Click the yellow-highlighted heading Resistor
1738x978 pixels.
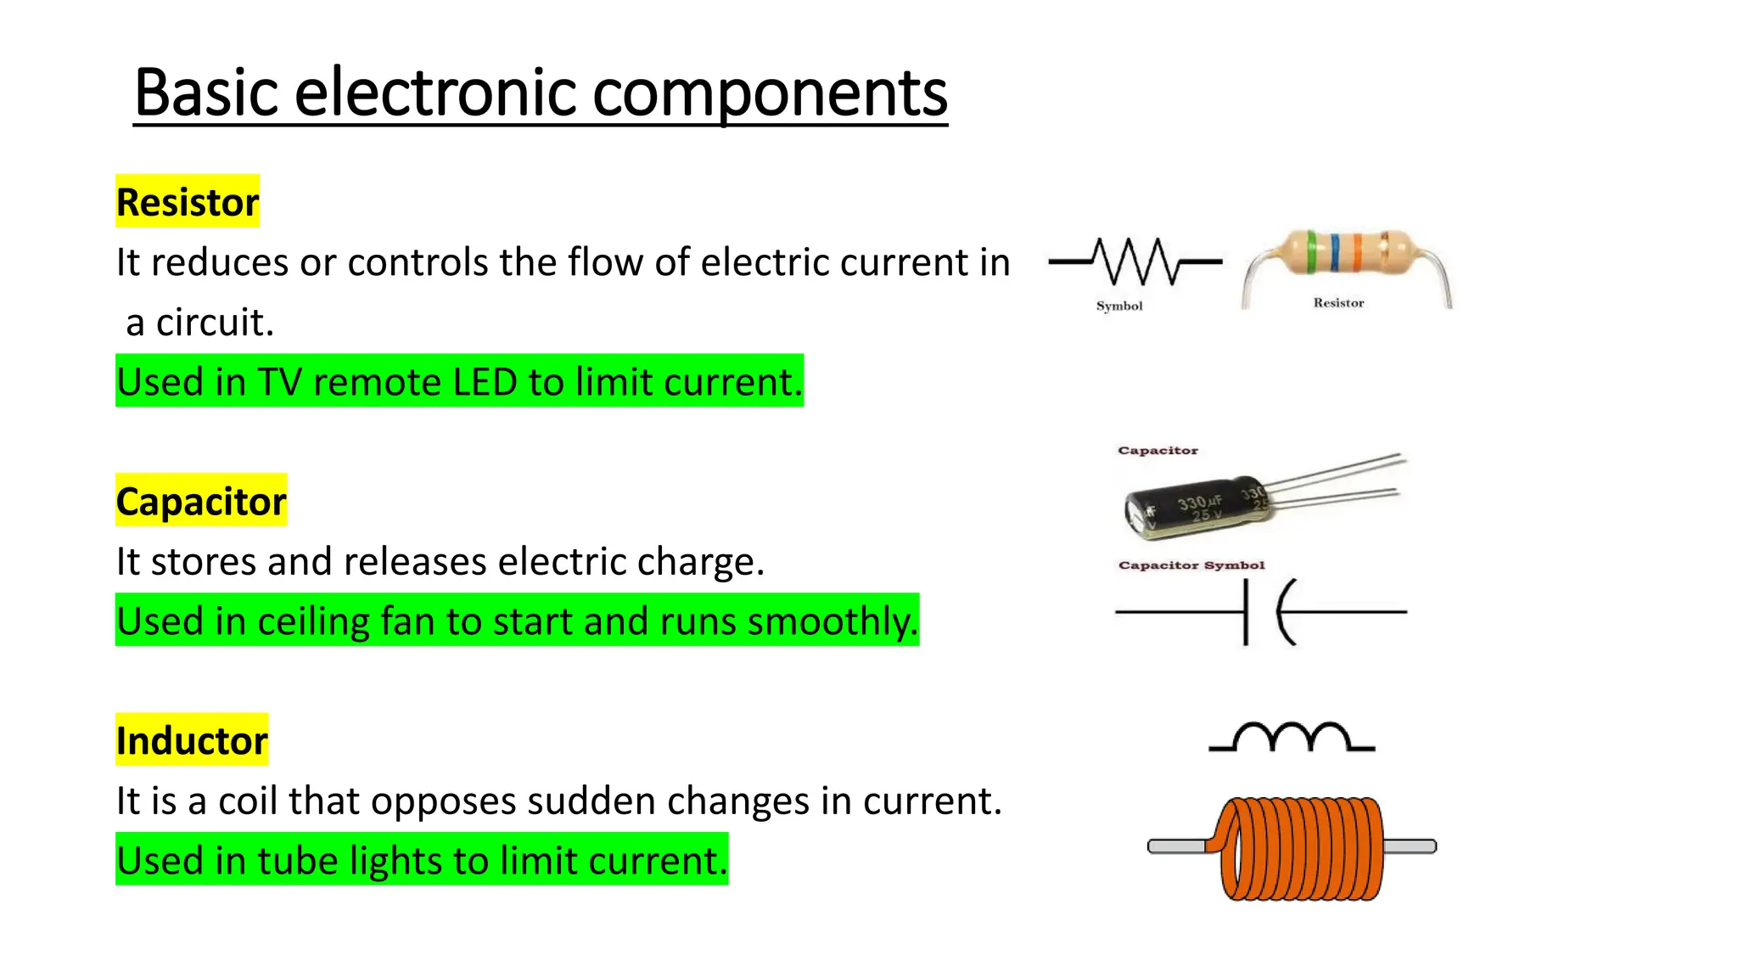coord(188,202)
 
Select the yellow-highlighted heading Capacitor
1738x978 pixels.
coord(201,501)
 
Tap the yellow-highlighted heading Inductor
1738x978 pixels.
coord(192,740)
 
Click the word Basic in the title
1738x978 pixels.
coord(206,93)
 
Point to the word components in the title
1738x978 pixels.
coord(770,93)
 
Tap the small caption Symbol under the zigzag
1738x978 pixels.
coord(1119,306)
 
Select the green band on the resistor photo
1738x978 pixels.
coord(1311,251)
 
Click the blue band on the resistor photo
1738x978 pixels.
coord(1336,252)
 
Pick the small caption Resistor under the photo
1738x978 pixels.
coord(1338,302)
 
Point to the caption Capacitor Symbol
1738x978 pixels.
coord(1191,565)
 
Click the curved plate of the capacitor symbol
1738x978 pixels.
coord(1283,611)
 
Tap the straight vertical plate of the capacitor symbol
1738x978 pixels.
coord(1246,611)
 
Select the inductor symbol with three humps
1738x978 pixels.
coord(1291,738)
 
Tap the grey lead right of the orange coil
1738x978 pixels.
coord(1410,846)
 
